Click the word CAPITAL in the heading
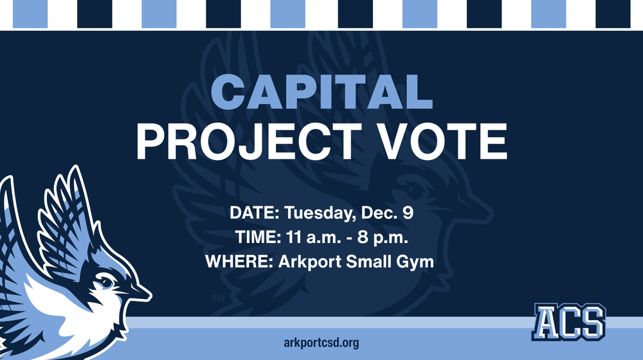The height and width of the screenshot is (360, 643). (x=321, y=93)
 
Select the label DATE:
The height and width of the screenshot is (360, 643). (x=255, y=213)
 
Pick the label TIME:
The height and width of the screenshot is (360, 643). (x=254, y=238)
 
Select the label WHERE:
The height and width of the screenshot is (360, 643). (x=233, y=262)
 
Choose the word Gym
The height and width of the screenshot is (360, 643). (x=419, y=263)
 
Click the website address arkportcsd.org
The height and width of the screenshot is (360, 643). (x=321, y=343)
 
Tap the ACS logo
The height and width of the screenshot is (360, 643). (x=568, y=321)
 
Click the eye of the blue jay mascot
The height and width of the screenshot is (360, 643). (x=106, y=282)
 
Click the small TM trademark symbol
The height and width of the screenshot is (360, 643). (x=218, y=298)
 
